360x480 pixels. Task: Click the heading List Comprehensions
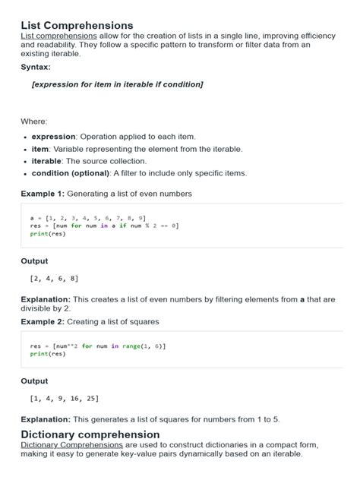pyautogui.click(x=77, y=26)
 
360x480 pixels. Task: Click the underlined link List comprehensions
pyautogui.click(x=58, y=36)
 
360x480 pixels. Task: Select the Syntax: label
pyautogui.click(x=36, y=67)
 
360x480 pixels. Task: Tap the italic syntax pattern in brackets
pyautogui.click(x=117, y=84)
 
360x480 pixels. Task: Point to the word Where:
pyautogui.click(x=34, y=122)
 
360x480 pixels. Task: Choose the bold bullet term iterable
pyautogui.click(x=46, y=161)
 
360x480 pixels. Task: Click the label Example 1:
pyautogui.click(x=43, y=194)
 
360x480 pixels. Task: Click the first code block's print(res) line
pyautogui.click(x=48, y=233)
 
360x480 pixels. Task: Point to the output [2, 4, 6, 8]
pyautogui.click(x=53, y=279)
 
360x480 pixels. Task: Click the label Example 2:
pyautogui.click(x=43, y=322)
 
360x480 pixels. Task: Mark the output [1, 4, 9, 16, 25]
pyautogui.click(x=65, y=398)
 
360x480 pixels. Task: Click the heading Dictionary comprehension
pyautogui.click(x=90, y=434)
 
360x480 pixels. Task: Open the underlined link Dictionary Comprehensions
pyautogui.click(x=69, y=444)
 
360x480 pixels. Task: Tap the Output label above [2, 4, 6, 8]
pyautogui.click(x=34, y=261)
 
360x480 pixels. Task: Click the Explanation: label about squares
pyautogui.click(x=46, y=418)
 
